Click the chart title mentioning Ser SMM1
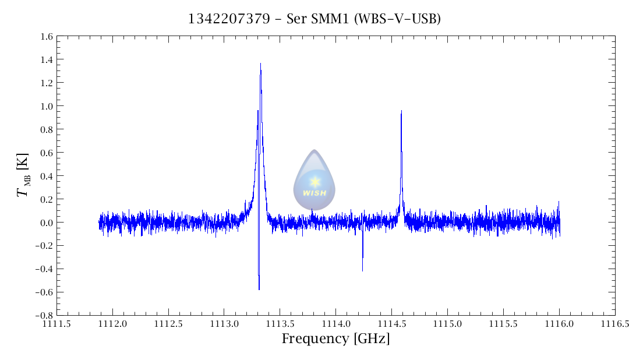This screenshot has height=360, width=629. click(314, 19)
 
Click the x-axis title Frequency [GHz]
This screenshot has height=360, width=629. click(335, 339)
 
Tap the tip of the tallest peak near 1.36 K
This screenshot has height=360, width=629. click(260, 64)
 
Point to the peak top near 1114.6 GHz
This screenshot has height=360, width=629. click(401, 111)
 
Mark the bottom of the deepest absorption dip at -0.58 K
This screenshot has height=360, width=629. click(259, 290)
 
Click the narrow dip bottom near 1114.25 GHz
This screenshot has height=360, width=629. click(362, 271)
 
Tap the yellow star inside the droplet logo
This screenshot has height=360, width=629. click(314, 182)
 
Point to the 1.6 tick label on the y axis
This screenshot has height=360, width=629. click(47, 37)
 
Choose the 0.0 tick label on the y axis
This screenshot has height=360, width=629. click(47, 223)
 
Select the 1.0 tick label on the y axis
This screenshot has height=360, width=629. click(47, 107)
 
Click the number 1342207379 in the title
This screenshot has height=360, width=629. click(229, 19)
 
